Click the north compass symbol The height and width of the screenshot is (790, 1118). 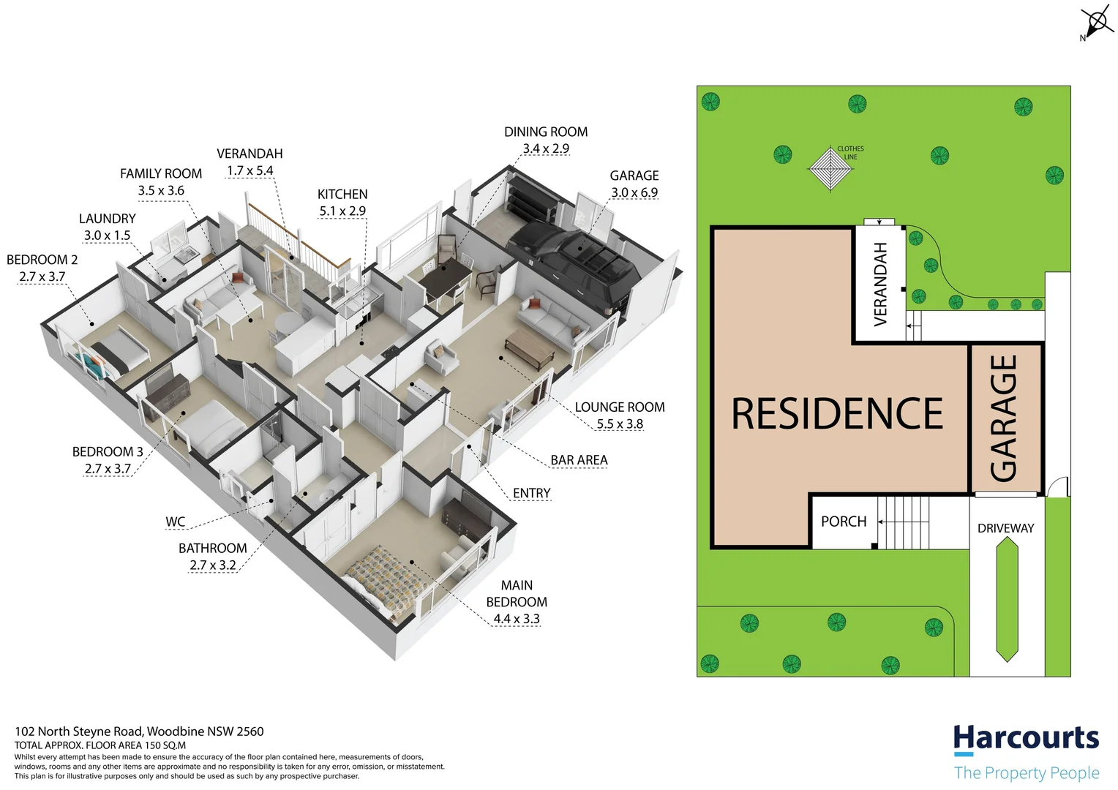click(x=1095, y=21)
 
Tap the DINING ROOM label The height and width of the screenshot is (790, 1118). click(x=546, y=132)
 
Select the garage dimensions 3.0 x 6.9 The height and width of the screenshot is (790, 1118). click(x=634, y=192)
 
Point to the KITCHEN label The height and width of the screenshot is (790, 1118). click(x=342, y=194)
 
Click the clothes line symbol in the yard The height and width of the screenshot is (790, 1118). click(x=830, y=168)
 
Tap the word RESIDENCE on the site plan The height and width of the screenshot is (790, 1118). click(x=837, y=414)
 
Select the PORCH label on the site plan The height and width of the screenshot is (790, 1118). click(x=843, y=522)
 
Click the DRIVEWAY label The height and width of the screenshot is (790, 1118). click(x=1005, y=528)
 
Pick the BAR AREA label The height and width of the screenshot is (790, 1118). click(x=579, y=460)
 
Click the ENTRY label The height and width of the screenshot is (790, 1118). click(x=531, y=493)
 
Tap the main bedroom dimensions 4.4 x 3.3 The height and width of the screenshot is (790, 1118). click(x=517, y=619)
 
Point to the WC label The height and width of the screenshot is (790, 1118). click(x=176, y=522)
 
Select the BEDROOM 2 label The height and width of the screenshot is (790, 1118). click(x=42, y=260)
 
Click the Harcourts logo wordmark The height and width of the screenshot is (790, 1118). click(x=1026, y=739)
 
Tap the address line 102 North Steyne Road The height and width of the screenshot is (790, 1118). click(x=139, y=731)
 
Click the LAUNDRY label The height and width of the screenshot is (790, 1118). click(x=108, y=219)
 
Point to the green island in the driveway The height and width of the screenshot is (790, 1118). click(x=1007, y=600)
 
